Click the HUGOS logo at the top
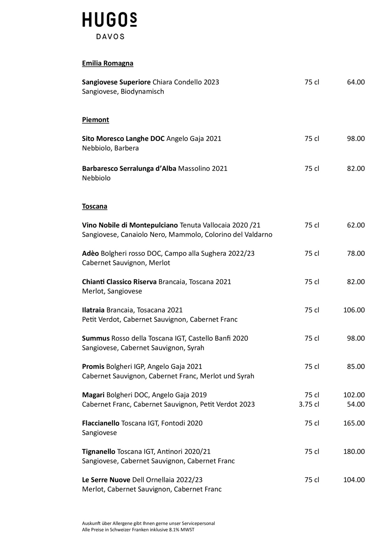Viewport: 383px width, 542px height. (109, 20)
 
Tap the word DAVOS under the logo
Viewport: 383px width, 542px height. (110, 37)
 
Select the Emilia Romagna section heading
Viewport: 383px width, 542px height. (108, 63)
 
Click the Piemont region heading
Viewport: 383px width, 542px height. (95, 120)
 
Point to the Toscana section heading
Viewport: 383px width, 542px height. (94, 206)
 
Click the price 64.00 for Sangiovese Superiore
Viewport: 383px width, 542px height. (356, 82)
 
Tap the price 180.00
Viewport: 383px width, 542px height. (354, 452)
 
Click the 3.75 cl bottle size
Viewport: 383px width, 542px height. (309, 404)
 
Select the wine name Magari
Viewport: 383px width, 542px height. (93, 395)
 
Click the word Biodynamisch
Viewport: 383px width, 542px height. (142, 92)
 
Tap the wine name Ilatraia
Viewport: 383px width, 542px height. (93, 310)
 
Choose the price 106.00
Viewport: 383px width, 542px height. (354, 310)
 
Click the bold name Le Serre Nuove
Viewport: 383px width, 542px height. (106, 480)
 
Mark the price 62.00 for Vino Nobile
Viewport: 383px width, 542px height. (356, 225)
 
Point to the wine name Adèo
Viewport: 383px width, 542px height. (90, 253)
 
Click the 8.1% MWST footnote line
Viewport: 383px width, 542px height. (138, 530)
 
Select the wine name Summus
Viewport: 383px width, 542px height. (96, 338)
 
